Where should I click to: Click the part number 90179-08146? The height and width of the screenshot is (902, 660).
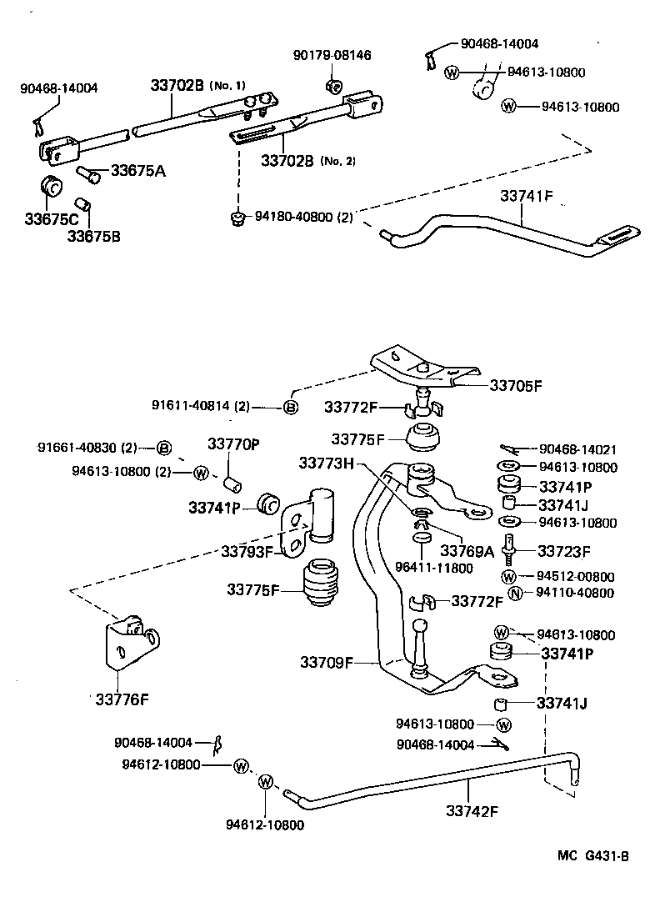332,55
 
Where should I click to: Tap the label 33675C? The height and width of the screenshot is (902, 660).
51,219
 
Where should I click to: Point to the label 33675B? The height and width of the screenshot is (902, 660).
94,236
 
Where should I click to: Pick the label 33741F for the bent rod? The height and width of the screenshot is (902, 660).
527,197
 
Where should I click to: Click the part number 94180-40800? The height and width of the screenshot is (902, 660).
292,218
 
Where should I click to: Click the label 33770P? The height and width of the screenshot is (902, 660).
233,444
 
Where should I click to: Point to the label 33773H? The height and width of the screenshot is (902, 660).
327,463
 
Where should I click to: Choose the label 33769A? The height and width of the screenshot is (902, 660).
467,550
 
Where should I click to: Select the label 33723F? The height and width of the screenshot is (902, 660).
563,550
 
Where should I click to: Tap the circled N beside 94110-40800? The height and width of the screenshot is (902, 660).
514,594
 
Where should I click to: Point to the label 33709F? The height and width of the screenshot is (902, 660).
327,663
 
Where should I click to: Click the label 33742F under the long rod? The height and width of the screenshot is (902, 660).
472,809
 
